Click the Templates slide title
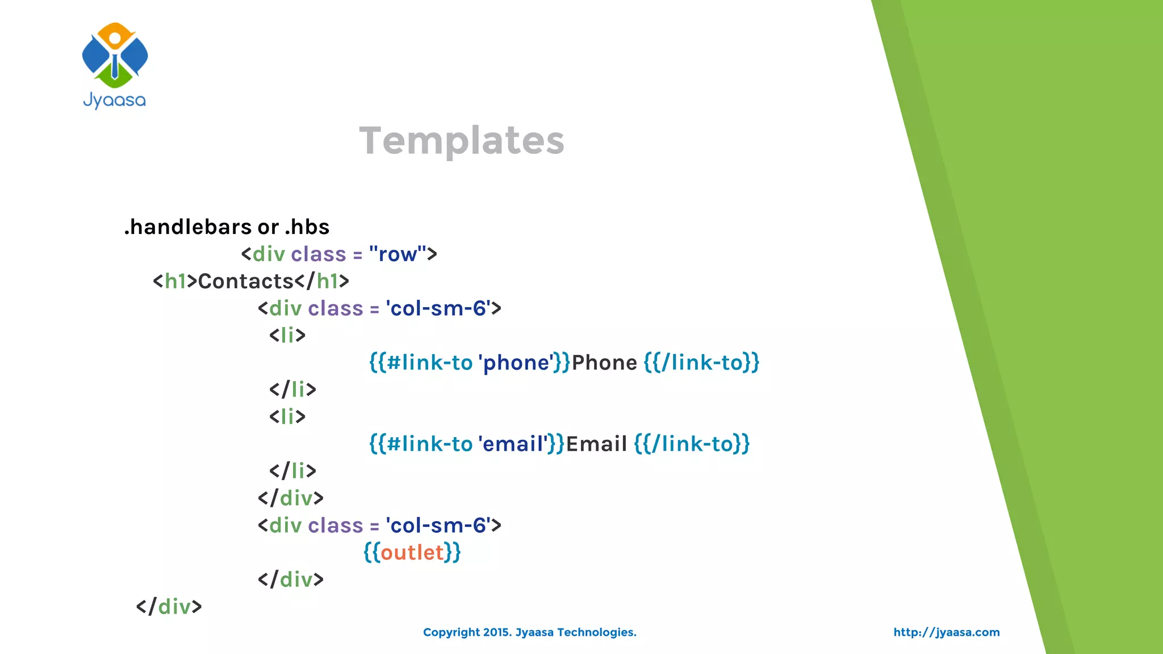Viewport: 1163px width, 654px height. point(462,140)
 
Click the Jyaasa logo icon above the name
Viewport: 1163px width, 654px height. point(115,55)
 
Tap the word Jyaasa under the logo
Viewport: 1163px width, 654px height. point(115,100)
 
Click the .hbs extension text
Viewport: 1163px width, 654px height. point(307,227)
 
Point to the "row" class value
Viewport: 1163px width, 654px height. point(397,254)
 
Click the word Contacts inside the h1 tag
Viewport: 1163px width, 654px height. point(245,281)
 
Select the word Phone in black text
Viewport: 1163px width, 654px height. point(604,363)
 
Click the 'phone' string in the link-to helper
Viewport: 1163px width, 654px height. point(516,363)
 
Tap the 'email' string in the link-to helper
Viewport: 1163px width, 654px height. point(513,444)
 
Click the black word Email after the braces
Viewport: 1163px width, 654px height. point(596,444)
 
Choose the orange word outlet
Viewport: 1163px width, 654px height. point(412,552)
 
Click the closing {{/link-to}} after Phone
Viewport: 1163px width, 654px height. point(701,363)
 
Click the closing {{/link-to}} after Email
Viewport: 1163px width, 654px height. point(692,444)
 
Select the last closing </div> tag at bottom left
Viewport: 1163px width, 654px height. point(169,607)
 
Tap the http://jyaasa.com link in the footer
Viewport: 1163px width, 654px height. point(946,632)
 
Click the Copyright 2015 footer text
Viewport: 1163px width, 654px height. point(529,632)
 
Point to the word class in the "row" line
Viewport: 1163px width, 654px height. point(318,254)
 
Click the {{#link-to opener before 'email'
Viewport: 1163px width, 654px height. point(421,444)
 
